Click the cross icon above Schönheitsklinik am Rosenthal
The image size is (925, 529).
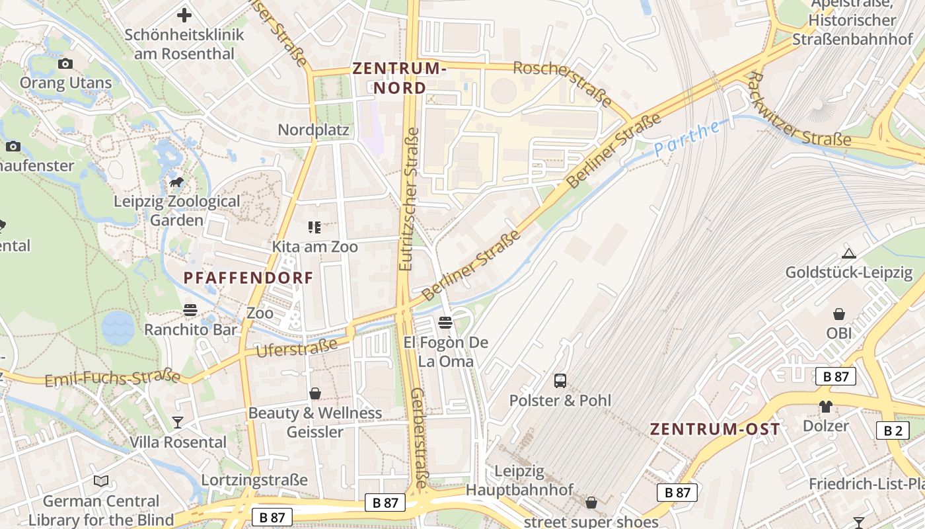184,15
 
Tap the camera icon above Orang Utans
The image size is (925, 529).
65,63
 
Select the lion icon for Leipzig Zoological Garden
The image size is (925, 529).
176,182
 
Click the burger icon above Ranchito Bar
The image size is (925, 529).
190,309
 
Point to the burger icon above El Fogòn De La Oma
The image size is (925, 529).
445,323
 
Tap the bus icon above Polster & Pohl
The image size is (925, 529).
560,380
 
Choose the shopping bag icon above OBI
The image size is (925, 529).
839,313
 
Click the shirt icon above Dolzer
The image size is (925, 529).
826,406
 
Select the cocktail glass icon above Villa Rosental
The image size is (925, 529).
178,422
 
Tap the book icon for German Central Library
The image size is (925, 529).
101,481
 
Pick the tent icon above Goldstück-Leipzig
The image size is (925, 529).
849,253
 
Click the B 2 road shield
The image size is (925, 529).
893,430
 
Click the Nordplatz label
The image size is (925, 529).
313,130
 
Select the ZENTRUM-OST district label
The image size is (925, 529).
715,428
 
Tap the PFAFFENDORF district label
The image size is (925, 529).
248,278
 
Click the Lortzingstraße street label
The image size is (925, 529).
254,479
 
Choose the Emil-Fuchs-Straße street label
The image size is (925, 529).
112,378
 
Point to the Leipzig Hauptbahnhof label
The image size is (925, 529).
519,481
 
